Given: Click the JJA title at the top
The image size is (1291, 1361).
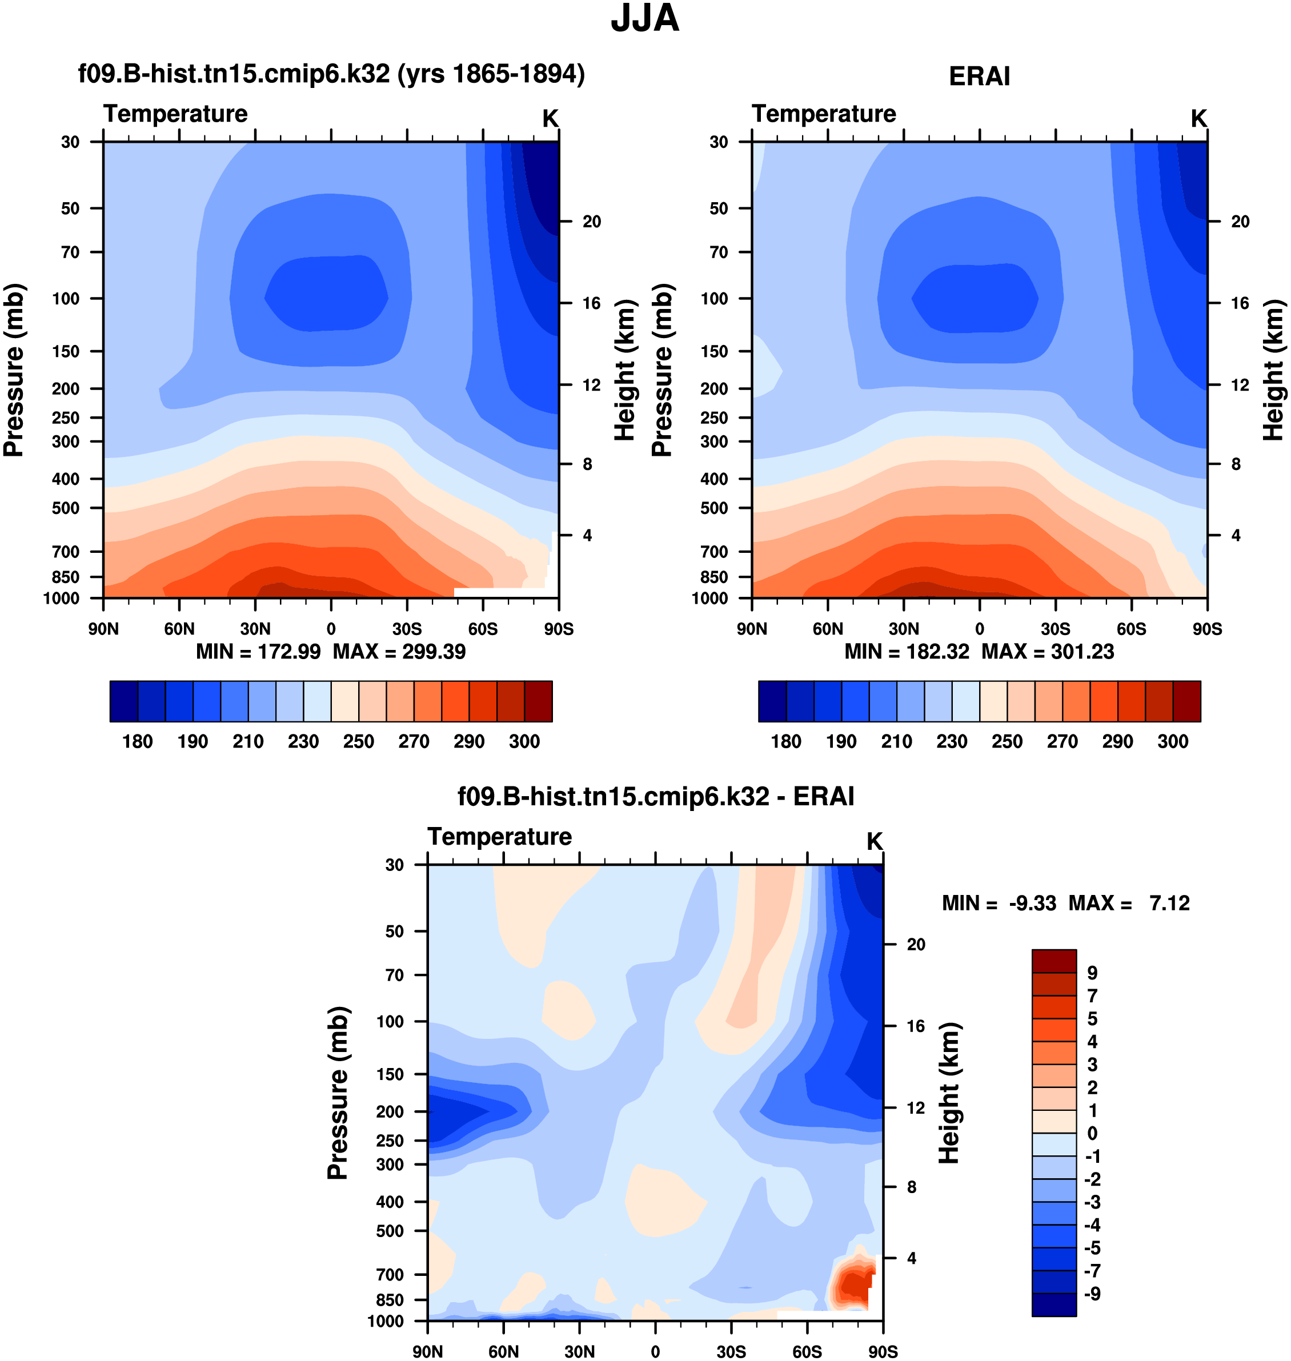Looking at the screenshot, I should click(x=645, y=19).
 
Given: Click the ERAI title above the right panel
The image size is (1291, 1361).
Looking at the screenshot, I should click(x=979, y=77).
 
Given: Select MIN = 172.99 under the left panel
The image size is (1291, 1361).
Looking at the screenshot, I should click(x=258, y=652).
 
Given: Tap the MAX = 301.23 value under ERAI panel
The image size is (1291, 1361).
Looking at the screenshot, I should click(x=1048, y=652).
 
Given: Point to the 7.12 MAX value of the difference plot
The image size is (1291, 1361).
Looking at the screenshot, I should click(x=1169, y=903).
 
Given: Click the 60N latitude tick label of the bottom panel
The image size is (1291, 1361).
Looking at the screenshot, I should click(x=503, y=1351).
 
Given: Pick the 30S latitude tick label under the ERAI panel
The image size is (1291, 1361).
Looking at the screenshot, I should click(x=1055, y=629).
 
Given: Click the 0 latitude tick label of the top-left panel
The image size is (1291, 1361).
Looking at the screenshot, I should click(x=331, y=629).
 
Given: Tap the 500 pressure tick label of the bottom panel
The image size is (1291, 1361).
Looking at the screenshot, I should click(x=390, y=1230).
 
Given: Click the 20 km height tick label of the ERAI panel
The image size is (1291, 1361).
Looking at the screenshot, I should click(x=1240, y=222).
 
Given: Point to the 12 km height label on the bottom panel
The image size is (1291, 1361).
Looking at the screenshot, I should click(x=915, y=1108).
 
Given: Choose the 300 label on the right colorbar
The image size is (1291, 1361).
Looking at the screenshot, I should click(x=1173, y=742).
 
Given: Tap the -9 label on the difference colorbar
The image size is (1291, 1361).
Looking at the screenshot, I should click(x=1092, y=1294).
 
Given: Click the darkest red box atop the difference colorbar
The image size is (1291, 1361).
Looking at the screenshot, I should click(x=1053, y=961).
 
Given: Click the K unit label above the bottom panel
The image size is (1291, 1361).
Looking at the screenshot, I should click(x=874, y=841).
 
